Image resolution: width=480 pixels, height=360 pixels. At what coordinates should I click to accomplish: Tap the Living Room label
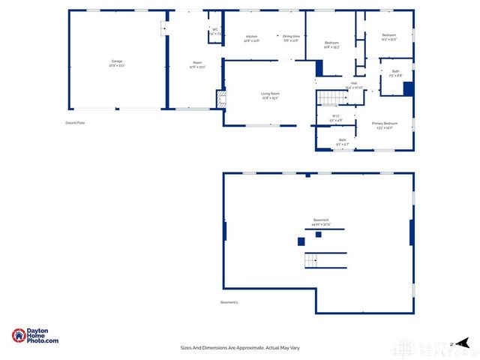pyautogui.click(x=270, y=95)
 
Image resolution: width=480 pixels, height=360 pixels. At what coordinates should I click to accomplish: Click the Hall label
pyautogui.click(x=353, y=85)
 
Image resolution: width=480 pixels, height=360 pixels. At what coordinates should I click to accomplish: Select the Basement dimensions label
pyautogui.click(x=321, y=222)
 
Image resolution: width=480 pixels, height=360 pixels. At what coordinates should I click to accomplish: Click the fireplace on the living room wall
pyautogui.click(x=220, y=99)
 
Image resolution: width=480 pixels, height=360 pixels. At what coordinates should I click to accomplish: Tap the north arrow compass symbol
pyautogui.click(x=463, y=343)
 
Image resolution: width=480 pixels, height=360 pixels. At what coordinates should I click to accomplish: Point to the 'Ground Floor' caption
pyautogui.click(x=76, y=121)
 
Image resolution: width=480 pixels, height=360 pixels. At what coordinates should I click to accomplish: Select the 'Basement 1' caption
pyautogui.click(x=229, y=302)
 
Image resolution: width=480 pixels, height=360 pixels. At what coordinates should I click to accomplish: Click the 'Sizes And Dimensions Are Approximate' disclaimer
pyautogui.click(x=239, y=347)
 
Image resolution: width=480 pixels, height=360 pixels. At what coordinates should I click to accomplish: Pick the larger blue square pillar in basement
pyautogui.click(x=301, y=241)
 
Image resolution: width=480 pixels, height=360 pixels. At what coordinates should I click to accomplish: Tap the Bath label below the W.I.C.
pyautogui.click(x=342, y=141)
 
